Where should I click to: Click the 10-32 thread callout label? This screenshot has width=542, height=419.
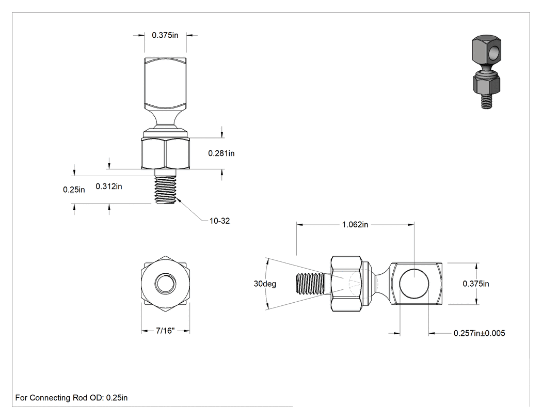tap(219, 221)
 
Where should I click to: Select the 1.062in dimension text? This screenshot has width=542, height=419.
tap(355, 225)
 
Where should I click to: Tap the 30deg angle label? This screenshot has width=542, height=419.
tap(265, 284)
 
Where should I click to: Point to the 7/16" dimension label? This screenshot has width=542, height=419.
tap(165, 331)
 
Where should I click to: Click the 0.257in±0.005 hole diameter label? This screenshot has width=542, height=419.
tap(479, 333)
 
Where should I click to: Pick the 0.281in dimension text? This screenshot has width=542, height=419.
tap(221, 153)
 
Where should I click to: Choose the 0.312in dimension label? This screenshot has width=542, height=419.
tap(109, 187)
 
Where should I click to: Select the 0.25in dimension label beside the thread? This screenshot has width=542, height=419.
tap(74, 190)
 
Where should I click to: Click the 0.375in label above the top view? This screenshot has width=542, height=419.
tap(165, 35)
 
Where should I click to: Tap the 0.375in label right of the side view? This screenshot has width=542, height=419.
tap(476, 284)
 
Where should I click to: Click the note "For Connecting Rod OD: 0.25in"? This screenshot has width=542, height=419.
tap(72, 398)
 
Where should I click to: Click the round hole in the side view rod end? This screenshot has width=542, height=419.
tap(414, 284)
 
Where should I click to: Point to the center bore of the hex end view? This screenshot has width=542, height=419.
tap(165, 284)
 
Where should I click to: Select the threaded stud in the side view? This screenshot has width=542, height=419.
tap(310, 284)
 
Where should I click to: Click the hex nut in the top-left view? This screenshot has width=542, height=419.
tap(165, 153)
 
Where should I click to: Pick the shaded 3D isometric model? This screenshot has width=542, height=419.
tap(486, 72)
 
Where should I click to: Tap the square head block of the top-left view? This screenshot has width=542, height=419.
tap(165, 83)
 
